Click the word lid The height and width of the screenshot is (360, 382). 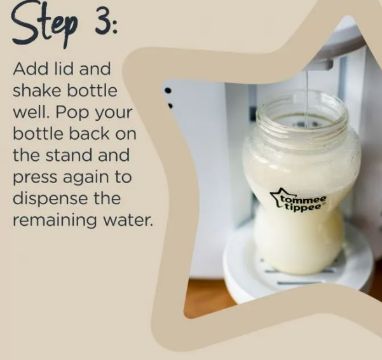pos(62,69)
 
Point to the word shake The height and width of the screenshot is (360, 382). pos(37,91)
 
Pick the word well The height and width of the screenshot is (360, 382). pos(31,112)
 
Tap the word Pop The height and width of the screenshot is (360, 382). pos(72,114)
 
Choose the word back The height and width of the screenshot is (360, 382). pos(86,134)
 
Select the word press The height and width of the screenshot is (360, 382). pos(35,178)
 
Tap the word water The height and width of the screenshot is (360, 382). pos(125,221)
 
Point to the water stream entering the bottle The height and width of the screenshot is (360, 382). pos(307,97)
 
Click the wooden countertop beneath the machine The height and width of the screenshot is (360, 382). pos(208,298)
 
